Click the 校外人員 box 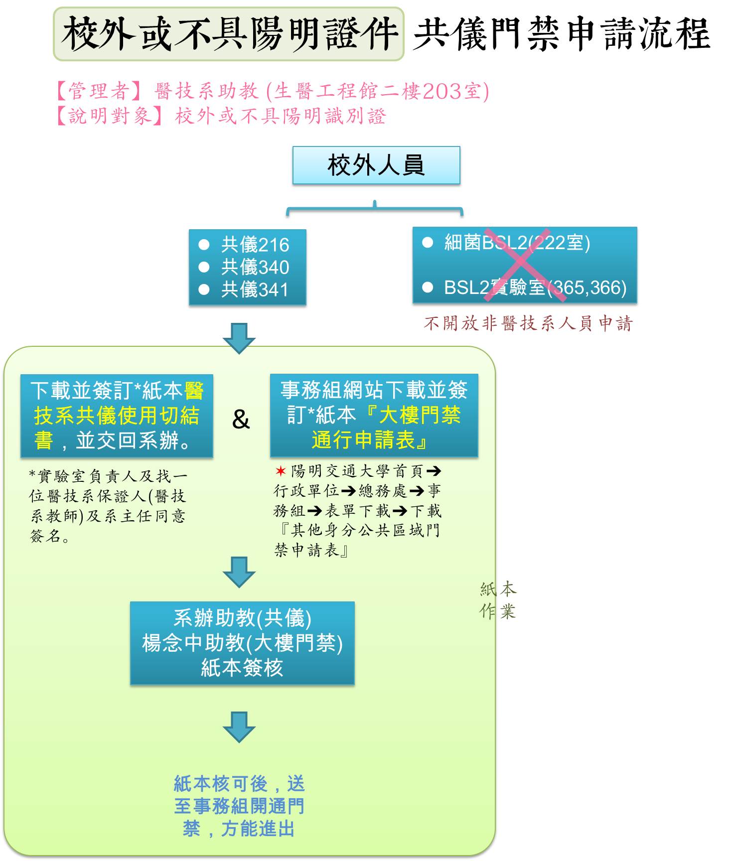376,165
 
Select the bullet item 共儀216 255,245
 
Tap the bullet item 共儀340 255,267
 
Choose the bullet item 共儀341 255,289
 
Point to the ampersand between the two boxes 241,419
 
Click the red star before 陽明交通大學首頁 281,471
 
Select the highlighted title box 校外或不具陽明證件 228,34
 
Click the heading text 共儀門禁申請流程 561,34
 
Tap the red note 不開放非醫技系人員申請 528,323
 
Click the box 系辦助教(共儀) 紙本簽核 242,643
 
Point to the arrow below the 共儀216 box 239,338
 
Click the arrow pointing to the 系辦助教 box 239,572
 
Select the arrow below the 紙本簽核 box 239,727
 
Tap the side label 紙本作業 498,600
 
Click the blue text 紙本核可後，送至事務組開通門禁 239,806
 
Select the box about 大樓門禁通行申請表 374,415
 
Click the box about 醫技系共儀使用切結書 117,416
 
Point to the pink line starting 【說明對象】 221,116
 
